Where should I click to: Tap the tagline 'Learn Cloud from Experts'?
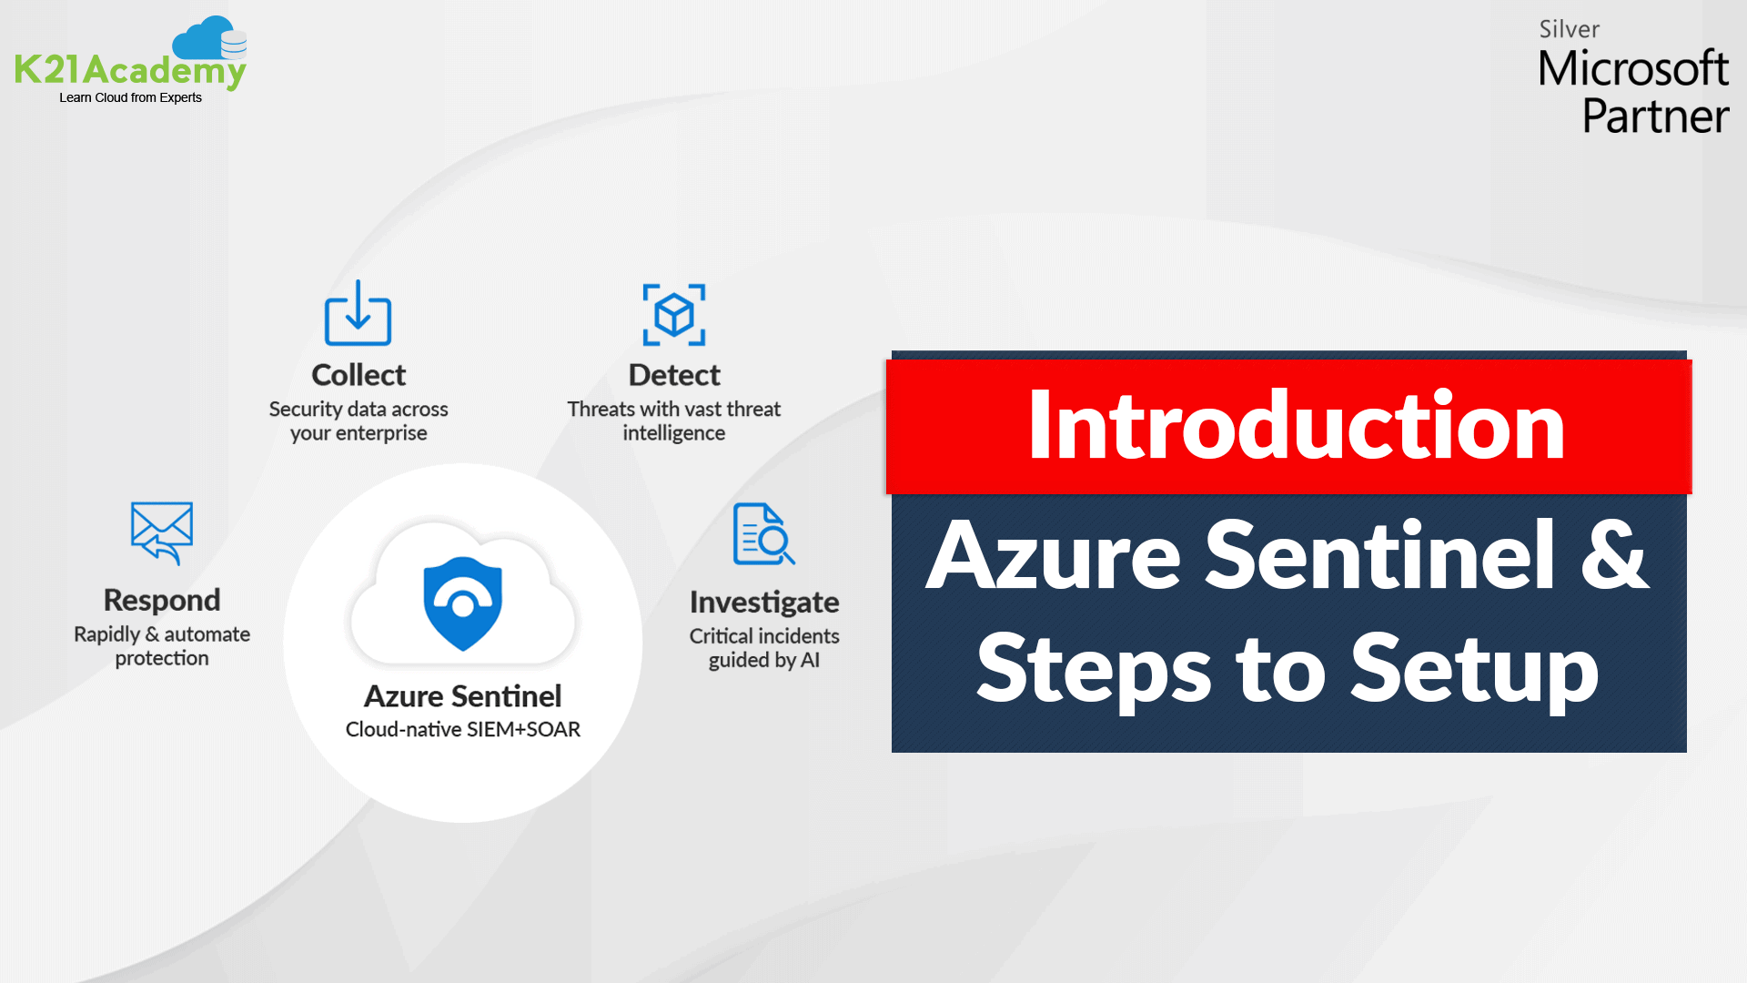130,97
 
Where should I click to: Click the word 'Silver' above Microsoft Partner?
1569,29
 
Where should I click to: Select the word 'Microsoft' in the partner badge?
1633,69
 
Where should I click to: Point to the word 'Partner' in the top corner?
1655,117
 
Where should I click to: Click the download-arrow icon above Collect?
358,313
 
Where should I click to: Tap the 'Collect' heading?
358,375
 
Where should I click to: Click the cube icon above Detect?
674,315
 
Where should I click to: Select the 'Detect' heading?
674,375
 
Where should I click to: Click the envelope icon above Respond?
162,532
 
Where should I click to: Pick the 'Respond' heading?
162,600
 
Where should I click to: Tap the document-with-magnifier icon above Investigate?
763,534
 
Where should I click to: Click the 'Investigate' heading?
764,602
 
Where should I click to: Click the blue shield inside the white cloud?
463,603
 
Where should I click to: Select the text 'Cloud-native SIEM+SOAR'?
463,729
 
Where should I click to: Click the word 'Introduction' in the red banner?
1296,425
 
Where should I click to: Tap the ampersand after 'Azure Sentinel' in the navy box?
1614,555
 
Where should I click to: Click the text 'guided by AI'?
764,660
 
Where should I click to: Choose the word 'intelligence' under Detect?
674,433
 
